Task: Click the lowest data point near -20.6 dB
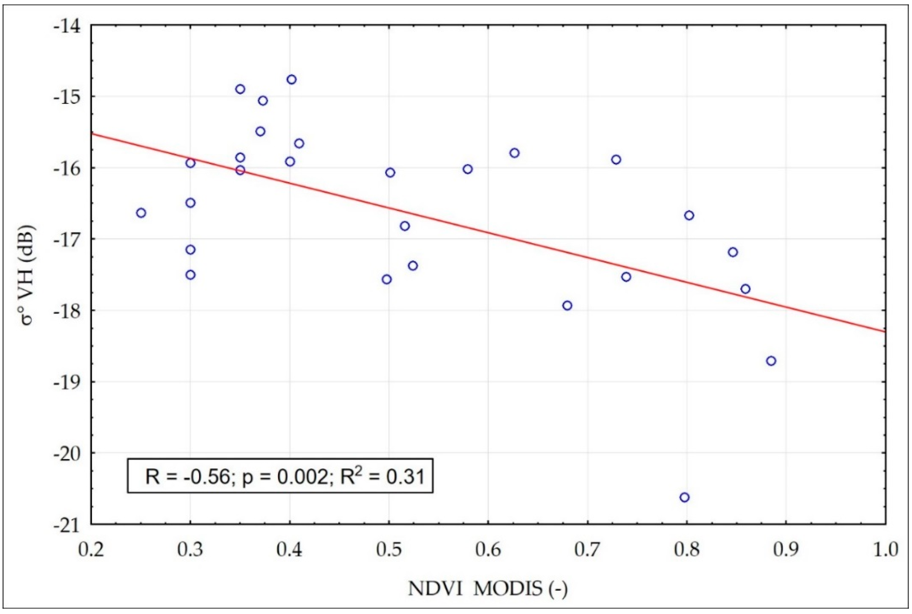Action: [684, 497]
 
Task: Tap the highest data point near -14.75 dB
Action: [291, 79]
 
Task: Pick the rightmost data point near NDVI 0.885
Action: [771, 361]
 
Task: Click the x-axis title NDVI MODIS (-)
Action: [487, 589]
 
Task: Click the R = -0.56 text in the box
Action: [187, 477]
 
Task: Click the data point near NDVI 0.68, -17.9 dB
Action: [567, 305]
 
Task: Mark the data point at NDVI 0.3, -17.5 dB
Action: [191, 275]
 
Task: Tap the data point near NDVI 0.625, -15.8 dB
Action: [515, 153]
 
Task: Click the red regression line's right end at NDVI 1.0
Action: [884, 331]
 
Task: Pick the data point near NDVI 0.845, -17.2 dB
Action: [733, 252]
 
